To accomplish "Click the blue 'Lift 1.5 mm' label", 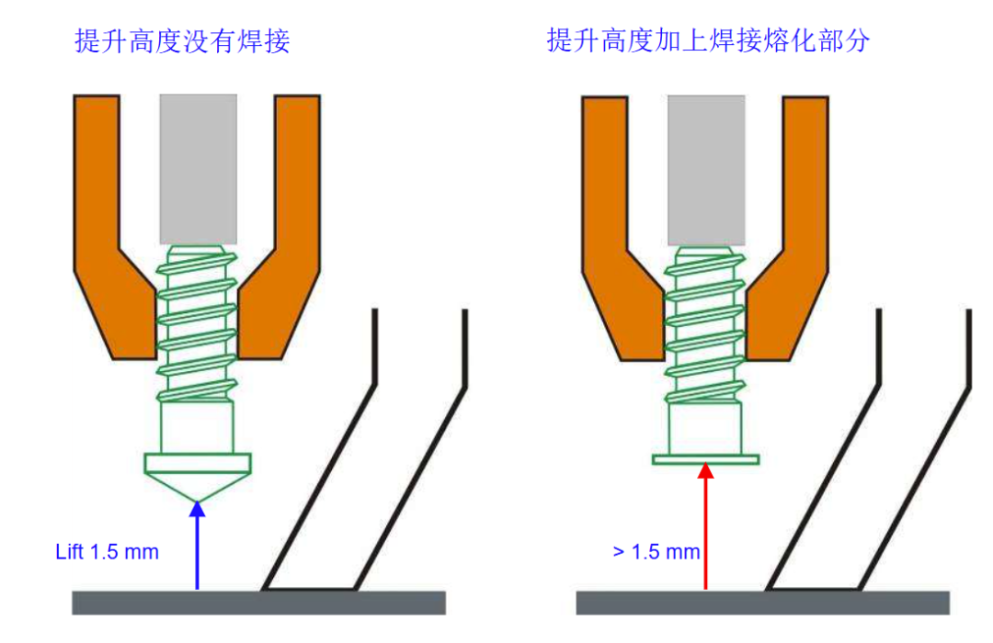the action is coord(107,552).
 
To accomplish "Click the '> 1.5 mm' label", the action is coord(656,552).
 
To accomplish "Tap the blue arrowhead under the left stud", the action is coord(198,509).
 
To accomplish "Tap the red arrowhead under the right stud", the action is coord(706,471).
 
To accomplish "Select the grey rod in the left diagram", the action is coord(199,169).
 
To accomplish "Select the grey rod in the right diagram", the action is coord(706,170).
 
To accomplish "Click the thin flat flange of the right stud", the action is coord(705,459).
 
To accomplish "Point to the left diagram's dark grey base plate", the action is coord(258,603).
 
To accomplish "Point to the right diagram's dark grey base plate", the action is coord(762,603).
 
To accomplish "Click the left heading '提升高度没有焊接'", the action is coord(182,41).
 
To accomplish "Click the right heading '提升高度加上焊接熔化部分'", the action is coord(708,40).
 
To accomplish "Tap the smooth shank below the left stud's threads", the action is coord(198,428).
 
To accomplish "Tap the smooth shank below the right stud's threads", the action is coord(705,428).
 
